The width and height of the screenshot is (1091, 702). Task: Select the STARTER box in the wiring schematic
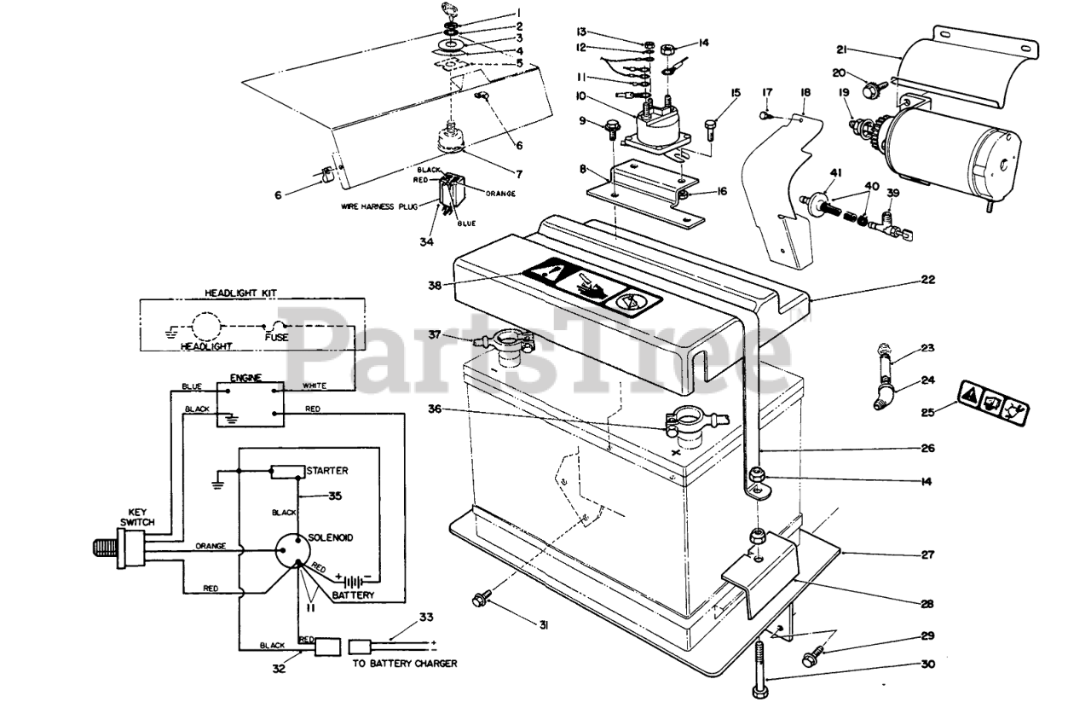coord(287,472)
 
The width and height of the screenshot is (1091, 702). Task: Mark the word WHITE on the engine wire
coord(315,386)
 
